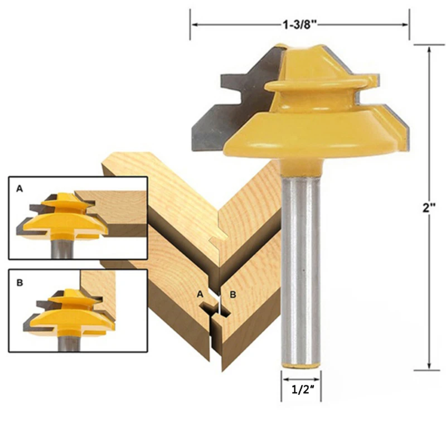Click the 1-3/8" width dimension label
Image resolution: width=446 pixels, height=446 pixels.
coord(300,25)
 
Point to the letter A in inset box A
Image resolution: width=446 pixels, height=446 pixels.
coord(19,189)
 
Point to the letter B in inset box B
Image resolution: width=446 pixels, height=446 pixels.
coord(19,283)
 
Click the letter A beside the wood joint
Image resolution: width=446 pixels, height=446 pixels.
coord(200,294)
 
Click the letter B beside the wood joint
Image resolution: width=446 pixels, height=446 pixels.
coord(233,294)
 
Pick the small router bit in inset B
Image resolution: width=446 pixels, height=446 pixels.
coord(67,315)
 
